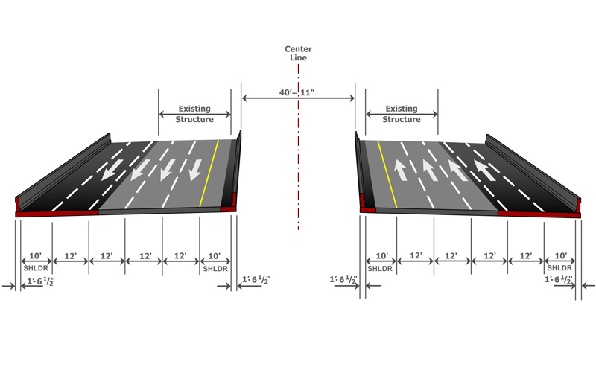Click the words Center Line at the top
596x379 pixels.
tap(298, 53)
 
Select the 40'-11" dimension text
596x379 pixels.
tap(299, 92)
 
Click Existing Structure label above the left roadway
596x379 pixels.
tap(194, 114)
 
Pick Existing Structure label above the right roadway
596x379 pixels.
tap(402, 114)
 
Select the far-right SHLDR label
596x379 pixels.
tap(559, 267)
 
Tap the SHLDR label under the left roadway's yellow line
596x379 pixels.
tap(215, 267)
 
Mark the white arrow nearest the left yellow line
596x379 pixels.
tap(194, 171)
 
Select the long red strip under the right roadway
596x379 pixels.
tap(538, 214)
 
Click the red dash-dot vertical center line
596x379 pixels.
tap(298, 186)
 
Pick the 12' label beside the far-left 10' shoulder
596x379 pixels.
tap(71, 256)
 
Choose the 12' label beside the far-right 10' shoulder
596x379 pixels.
tap(525, 256)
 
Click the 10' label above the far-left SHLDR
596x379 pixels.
tap(35, 256)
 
